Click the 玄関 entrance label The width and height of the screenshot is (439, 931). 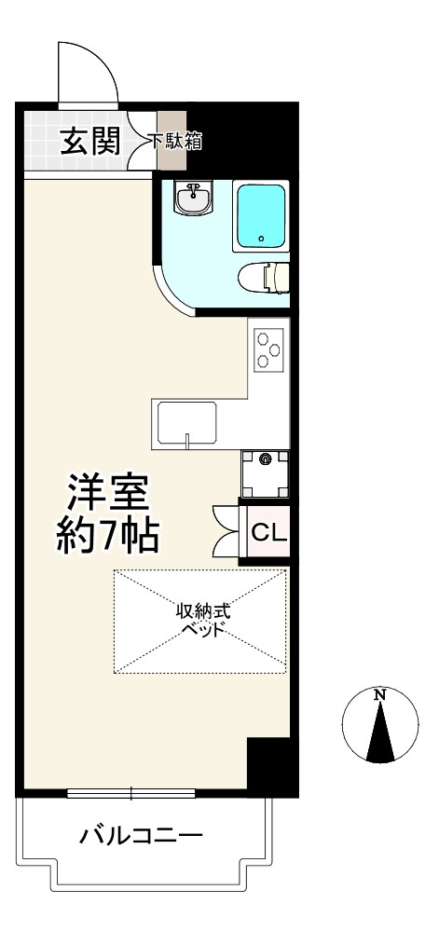click(89, 143)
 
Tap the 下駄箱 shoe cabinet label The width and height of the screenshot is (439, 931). click(177, 143)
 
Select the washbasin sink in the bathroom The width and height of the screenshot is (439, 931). click(195, 197)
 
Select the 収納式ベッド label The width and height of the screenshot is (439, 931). click(202, 620)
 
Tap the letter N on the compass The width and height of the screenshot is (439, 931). click(379, 694)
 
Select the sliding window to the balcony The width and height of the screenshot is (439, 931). click(131, 794)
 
